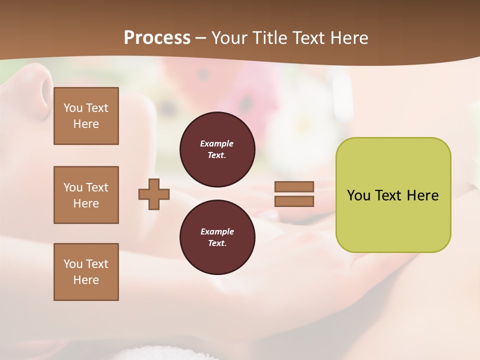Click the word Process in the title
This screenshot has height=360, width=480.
[157, 38]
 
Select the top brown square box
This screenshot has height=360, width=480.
[86, 116]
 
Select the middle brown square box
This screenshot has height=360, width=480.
[86, 195]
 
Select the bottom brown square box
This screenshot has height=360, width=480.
[86, 272]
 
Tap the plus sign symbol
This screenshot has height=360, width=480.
[154, 194]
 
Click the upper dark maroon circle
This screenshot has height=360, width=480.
[217, 149]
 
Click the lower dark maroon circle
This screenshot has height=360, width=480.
[217, 237]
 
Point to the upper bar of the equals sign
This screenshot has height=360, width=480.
[294, 186]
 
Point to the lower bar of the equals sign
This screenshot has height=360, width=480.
[294, 201]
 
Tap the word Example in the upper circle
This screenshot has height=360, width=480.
[217, 143]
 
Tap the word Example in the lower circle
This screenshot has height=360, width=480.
[217, 231]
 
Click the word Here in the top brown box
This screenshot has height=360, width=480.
[86, 124]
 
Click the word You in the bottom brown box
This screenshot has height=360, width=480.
[73, 264]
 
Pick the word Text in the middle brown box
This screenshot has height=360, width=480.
[97, 187]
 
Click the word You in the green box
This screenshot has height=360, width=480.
[358, 195]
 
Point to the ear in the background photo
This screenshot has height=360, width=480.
[37, 87]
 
